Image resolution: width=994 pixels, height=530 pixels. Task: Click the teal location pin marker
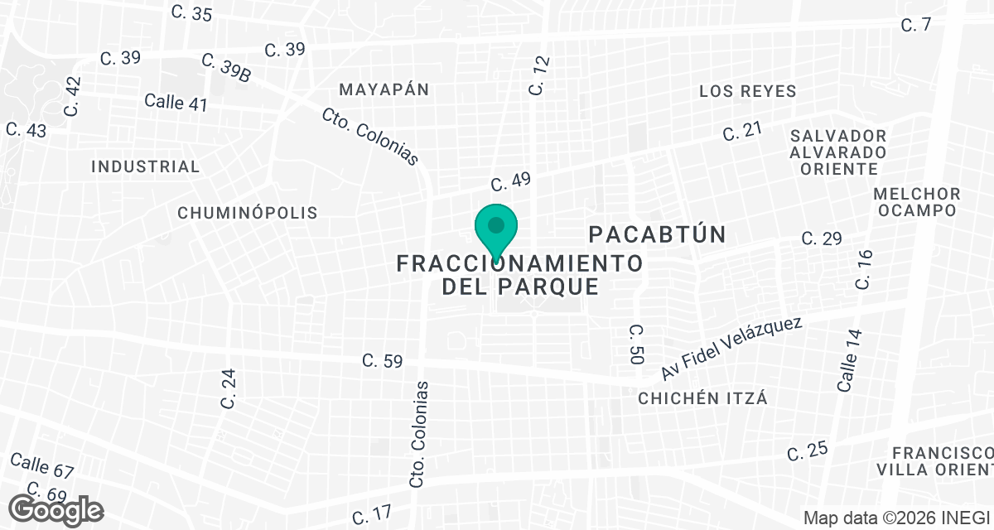(x=496, y=229)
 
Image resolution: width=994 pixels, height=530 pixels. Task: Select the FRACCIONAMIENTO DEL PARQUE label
(x=520, y=275)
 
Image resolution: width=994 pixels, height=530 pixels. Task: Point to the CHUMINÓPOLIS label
(x=248, y=213)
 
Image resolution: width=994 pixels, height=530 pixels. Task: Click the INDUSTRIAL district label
(x=146, y=166)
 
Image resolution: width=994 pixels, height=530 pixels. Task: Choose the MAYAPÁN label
(x=384, y=89)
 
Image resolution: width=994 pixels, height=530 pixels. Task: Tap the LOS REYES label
(x=747, y=91)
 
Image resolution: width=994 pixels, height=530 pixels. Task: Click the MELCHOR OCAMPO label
(x=917, y=201)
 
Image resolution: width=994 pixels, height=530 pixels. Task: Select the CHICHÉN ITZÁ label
(x=702, y=398)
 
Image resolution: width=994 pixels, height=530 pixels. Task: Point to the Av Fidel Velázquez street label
(x=731, y=347)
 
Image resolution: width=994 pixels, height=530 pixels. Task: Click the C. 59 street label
(x=383, y=361)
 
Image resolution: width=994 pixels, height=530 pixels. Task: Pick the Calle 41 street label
(x=176, y=103)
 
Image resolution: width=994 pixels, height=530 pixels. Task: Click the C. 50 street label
(x=636, y=344)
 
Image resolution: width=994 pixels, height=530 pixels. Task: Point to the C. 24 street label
(x=229, y=388)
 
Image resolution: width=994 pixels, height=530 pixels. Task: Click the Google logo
(x=55, y=509)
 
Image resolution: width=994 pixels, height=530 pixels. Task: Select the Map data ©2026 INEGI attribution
(x=898, y=518)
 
